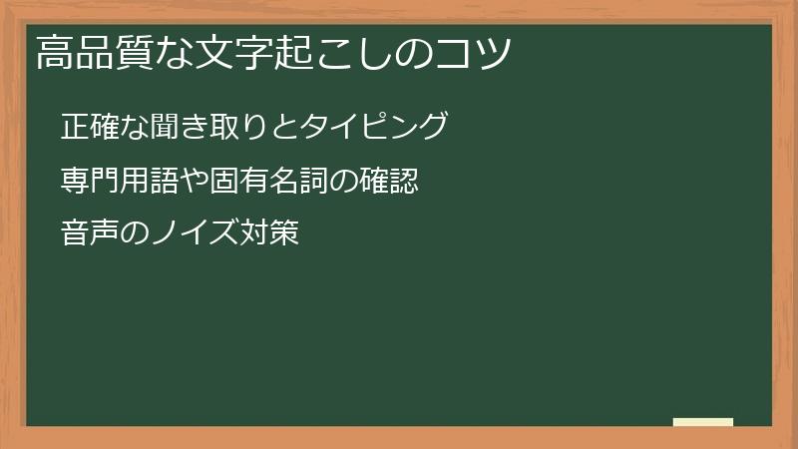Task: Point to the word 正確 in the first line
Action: coord(90,128)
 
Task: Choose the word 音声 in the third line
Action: coord(90,235)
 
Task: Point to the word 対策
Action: coord(272,235)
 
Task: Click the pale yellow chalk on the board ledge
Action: coord(702,422)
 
